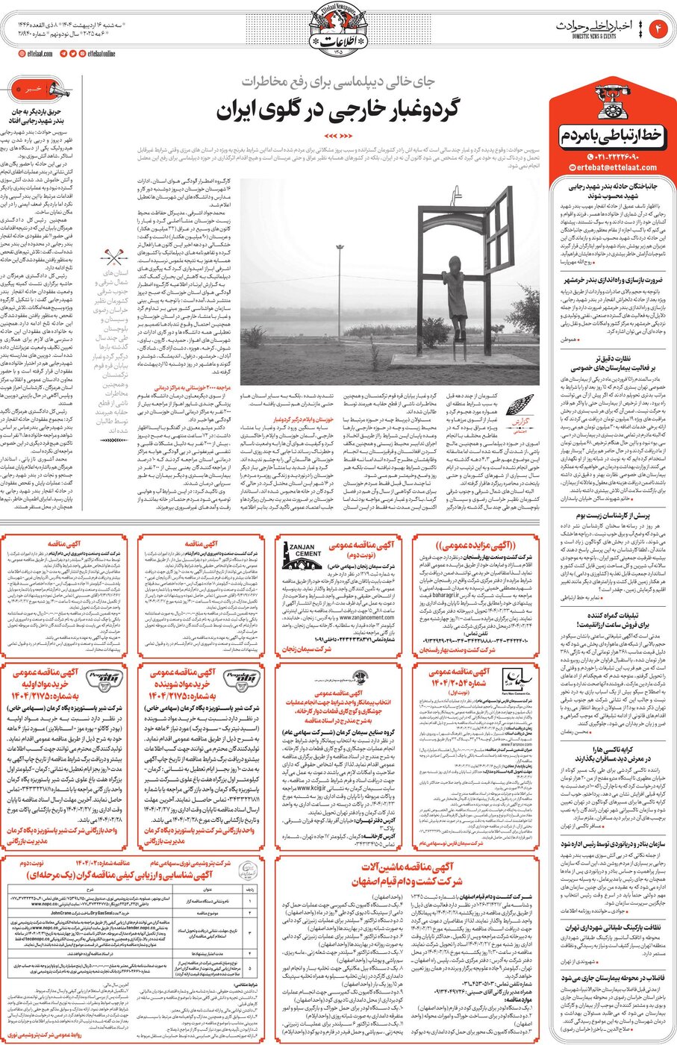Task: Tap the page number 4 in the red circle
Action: click(x=660, y=28)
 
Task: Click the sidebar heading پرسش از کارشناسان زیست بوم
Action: click(x=613, y=515)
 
